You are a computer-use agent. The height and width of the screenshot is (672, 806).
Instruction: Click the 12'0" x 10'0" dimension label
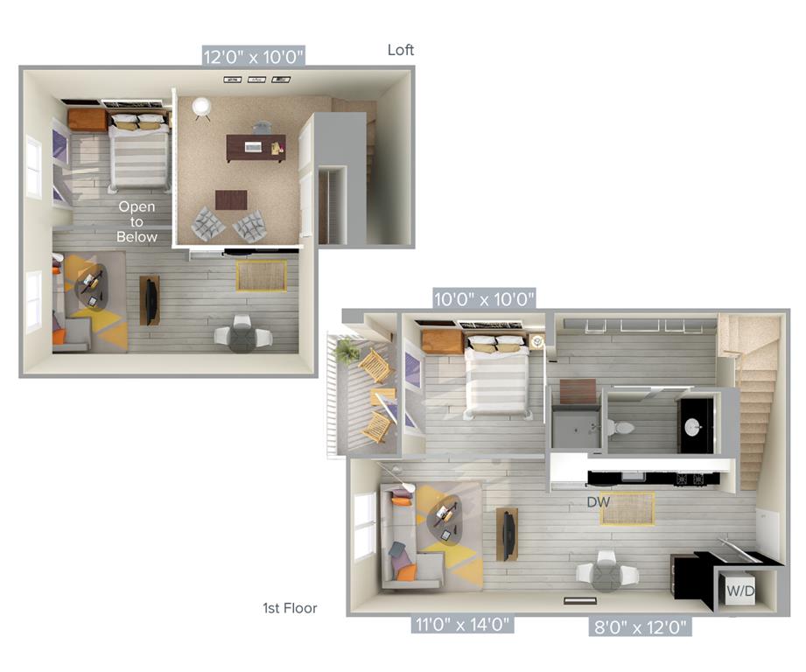254,57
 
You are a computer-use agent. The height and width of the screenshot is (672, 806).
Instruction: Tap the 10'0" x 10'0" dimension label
484,298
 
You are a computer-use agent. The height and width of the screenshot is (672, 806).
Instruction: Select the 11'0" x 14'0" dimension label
462,624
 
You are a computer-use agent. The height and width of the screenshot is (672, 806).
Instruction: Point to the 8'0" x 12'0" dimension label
640,626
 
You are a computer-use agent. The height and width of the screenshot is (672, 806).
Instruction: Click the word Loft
401,50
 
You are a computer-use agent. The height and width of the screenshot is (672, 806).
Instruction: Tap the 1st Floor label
290,608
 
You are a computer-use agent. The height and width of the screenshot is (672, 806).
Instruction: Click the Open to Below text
137,221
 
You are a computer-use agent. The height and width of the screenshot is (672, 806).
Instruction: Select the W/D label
740,591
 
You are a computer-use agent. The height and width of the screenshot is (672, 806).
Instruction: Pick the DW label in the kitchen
599,502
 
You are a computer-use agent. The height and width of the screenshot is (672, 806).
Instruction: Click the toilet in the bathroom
620,427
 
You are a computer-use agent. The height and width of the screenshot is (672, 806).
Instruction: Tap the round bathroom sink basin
692,426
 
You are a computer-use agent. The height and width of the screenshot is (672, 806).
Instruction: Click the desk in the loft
256,148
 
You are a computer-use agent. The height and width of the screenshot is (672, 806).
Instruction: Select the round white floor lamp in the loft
201,108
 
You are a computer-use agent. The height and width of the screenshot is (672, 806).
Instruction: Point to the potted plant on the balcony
347,351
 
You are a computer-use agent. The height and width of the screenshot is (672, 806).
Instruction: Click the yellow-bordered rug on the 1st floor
627,509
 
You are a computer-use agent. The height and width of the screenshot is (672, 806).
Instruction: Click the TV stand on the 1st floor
508,535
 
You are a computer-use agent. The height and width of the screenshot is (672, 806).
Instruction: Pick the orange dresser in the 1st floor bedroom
443,342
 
